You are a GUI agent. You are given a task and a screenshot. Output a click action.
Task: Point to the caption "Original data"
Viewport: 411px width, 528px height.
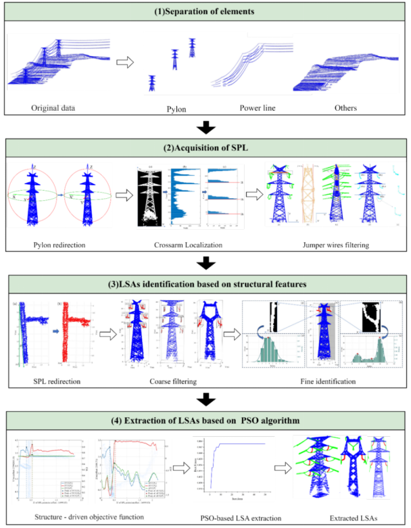click(51, 106)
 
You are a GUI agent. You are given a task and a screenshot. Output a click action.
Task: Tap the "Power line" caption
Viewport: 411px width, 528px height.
click(260, 107)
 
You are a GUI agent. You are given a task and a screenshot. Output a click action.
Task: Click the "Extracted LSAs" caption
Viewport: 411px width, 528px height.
click(347, 519)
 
